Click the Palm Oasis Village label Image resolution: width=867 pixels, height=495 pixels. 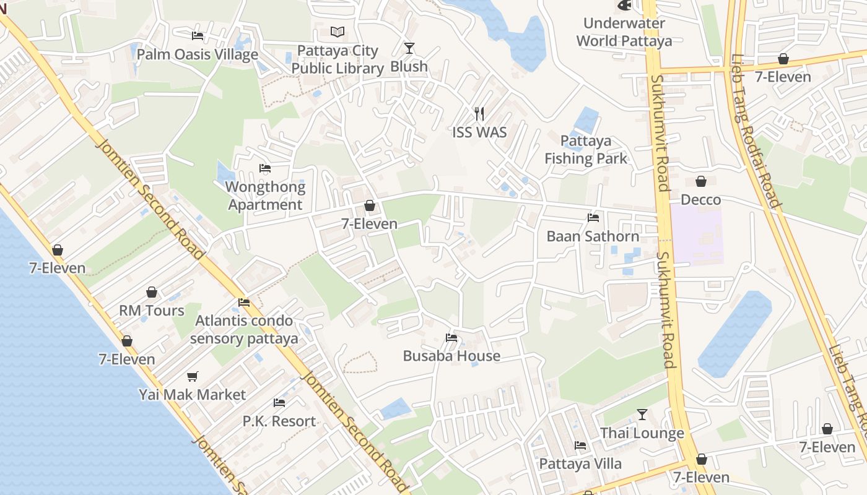pos(197,54)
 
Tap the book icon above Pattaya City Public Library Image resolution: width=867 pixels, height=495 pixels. pos(338,32)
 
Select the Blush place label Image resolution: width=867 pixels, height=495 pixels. pos(409,66)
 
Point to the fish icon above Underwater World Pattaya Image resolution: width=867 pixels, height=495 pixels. pos(624,6)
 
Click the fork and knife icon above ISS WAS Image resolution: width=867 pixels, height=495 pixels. pos(479,113)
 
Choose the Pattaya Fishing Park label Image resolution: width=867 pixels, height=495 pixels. pos(586,150)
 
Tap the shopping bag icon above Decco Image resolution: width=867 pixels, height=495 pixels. pos(701,181)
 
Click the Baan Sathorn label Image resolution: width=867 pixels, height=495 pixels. pos(593,236)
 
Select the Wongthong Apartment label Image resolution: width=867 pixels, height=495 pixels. pos(266,196)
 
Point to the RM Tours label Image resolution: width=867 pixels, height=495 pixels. pos(152,311)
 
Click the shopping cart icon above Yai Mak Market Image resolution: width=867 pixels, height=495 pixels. pos(193,376)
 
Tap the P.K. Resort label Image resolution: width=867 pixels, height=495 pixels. pos(279,421)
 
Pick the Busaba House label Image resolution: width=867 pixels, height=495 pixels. pos(451,356)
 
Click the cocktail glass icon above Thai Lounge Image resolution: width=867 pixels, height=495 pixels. pos(642,414)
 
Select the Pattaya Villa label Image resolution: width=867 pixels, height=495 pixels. pos(580,463)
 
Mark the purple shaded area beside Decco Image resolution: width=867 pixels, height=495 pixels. pos(697,235)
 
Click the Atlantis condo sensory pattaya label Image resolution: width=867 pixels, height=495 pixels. pos(244,330)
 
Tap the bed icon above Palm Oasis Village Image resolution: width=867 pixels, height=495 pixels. pos(198,36)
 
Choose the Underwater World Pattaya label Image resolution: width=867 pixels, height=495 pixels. pos(624,32)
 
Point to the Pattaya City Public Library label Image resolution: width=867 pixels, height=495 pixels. pos(338,59)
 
